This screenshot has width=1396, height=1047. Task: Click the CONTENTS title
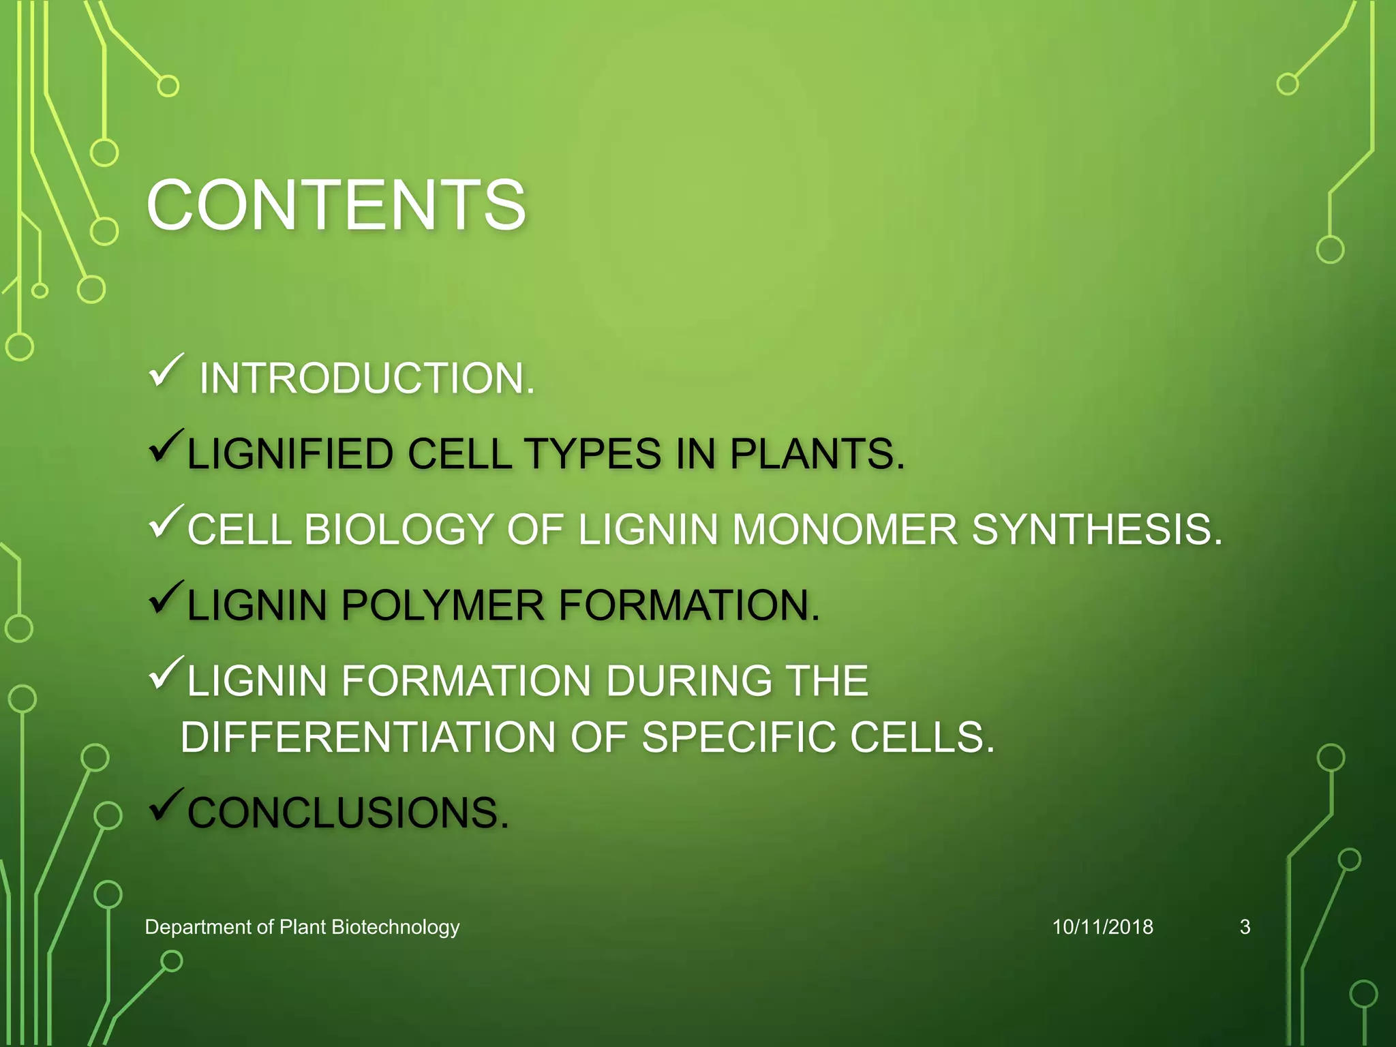[x=336, y=204]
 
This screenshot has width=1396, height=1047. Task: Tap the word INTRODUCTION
[x=367, y=378]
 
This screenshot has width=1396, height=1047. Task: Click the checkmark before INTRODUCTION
[x=166, y=371]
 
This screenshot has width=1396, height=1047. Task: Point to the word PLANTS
[x=817, y=454]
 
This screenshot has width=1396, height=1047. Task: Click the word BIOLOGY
[x=399, y=530]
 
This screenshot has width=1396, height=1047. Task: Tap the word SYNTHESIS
[x=1096, y=530]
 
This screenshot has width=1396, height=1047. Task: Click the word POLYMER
[x=442, y=605]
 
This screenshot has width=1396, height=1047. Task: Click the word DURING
[x=688, y=681]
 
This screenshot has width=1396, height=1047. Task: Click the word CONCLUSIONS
[x=348, y=813]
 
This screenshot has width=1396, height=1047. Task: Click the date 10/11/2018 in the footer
[x=1102, y=927]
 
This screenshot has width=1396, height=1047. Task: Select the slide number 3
[x=1245, y=927]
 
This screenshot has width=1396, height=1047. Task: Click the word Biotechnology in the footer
[x=395, y=927]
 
